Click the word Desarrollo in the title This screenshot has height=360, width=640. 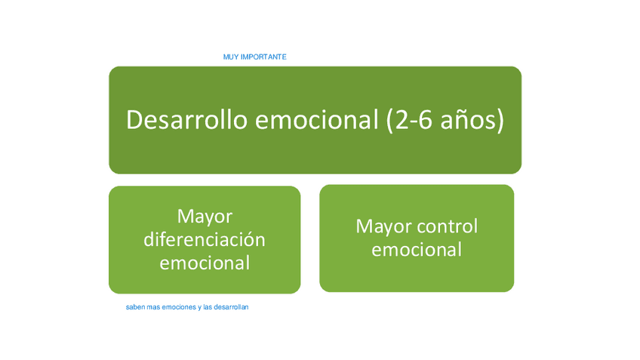tap(187, 120)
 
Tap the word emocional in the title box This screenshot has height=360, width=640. tap(317, 120)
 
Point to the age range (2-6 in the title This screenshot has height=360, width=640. tap(409, 121)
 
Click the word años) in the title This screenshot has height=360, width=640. tap(472, 121)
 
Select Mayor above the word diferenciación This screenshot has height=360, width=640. tap(205, 217)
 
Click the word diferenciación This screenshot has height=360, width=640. tap(205, 239)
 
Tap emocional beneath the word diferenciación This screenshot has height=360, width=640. tap(205, 263)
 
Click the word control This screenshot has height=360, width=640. tap(448, 226)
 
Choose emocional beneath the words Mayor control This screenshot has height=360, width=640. tap(417, 249)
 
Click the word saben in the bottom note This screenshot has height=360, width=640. tap(135, 307)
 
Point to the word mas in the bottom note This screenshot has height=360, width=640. tap(153, 307)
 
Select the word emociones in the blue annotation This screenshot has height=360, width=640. tap(179, 307)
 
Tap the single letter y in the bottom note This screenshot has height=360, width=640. tap(200, 308)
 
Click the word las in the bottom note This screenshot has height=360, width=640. tap(208, 307)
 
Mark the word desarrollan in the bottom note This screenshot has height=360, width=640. tap(231, 307)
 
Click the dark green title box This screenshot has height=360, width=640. tap(315, 120)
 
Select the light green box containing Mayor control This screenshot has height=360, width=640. tap(417, 238)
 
